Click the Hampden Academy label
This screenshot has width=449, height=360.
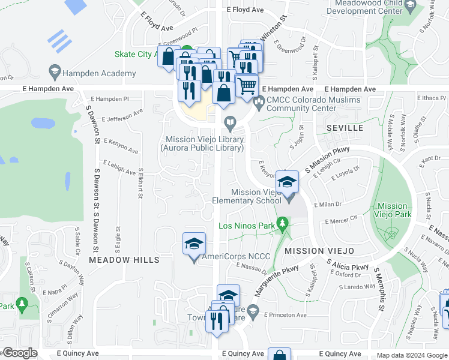pyautogui.click(x=100, y=73)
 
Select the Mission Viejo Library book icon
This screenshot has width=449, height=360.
pyautogui.click(x=230, y=123)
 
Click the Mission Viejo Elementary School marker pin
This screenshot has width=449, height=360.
pyautogui.click(x=288, y=182)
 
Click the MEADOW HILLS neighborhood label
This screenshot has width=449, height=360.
pyautogui.click(x=124, y=260)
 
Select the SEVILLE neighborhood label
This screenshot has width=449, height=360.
pyautogui.click(x=345, y=128)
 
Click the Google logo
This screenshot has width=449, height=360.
pyautogui.click(x=20, y=353)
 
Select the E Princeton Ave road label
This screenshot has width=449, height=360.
pyautogui.click(x=286, y=315)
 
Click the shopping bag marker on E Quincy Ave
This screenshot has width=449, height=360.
pyautogui.click(x=279, y=355)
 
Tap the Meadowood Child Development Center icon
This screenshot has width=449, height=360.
pyautogui.click(x=411, y=6)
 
